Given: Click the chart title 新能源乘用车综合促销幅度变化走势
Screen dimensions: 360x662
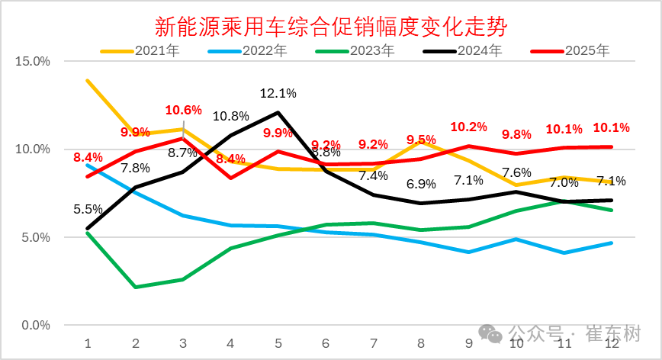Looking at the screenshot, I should pos(331,27).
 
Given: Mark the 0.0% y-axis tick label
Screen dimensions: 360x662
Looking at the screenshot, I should pos(35,326).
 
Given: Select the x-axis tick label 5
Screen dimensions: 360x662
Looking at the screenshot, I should pos(278,344).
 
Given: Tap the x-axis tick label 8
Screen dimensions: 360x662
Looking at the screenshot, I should pos(421,344).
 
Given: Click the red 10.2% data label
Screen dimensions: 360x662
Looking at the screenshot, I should pos(468,127).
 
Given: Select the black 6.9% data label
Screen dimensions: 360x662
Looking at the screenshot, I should pos(421,185).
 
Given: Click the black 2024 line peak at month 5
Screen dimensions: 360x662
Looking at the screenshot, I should pos(278,112).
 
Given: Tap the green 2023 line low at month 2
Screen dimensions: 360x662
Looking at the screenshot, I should pos(135,287).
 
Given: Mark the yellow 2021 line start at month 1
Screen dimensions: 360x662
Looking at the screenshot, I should pos(88,80).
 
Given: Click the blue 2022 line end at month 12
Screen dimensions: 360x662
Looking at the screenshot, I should pos(612,243).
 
